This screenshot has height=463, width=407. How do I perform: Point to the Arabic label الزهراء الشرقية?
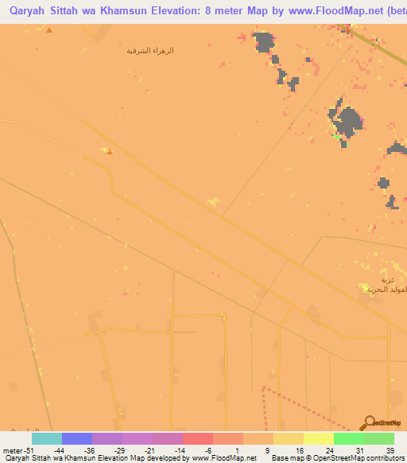pos(150,51)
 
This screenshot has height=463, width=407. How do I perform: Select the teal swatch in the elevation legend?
pos(47,438)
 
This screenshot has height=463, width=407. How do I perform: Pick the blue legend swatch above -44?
pos(77,438)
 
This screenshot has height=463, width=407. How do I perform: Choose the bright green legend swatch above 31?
pos(348,438)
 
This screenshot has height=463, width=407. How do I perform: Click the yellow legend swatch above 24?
pos(318,438)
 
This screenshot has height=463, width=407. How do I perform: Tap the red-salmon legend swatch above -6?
pos(198,438)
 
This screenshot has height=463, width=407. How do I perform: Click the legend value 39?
pos(390,449)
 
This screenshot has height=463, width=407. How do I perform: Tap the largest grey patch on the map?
pos(347,121)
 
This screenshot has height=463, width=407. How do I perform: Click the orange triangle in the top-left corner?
pos(49,30)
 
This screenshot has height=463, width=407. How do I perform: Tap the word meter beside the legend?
pos(10,449)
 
